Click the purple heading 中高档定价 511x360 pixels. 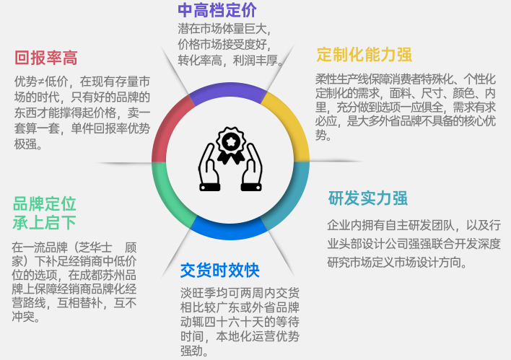(x=217, y=10)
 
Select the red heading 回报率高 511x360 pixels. (x=46, y=58)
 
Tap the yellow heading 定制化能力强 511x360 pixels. (x=364, y=54)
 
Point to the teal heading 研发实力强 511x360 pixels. (x=367, y=198)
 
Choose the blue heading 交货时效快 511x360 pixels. (x=219, y=270)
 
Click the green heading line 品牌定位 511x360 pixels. (x=44, y=204)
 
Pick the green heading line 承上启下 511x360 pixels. (x=44, y=222)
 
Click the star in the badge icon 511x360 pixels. (x=230, y=141)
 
